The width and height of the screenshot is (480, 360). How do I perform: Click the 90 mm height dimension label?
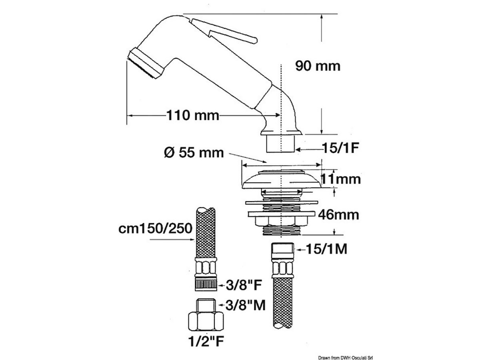click(318, 66)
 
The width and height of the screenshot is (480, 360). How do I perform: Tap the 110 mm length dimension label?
click(193, 115)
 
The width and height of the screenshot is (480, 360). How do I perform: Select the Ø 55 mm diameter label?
click(194, 152)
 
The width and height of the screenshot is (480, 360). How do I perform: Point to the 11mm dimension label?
click(340, 179)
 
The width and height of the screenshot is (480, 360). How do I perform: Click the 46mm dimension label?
click(338, 215)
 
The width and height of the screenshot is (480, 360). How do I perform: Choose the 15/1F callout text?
click(341, 148)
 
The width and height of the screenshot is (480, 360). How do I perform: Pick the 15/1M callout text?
click(326, 249)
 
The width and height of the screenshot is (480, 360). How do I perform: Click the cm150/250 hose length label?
click(155, 228)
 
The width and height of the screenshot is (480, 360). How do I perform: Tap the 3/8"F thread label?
click(244, 285)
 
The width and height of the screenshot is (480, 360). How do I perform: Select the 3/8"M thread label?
click(245, 305)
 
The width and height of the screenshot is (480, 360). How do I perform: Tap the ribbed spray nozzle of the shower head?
click(145, 64)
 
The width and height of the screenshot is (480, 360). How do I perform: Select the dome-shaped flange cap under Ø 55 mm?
click(282, 179)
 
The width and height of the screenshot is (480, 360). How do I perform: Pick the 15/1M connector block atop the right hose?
click(282, 250)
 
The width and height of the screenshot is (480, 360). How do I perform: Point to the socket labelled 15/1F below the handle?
click(280, 143)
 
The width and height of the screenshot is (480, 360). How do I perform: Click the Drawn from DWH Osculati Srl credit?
click(346, 358)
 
